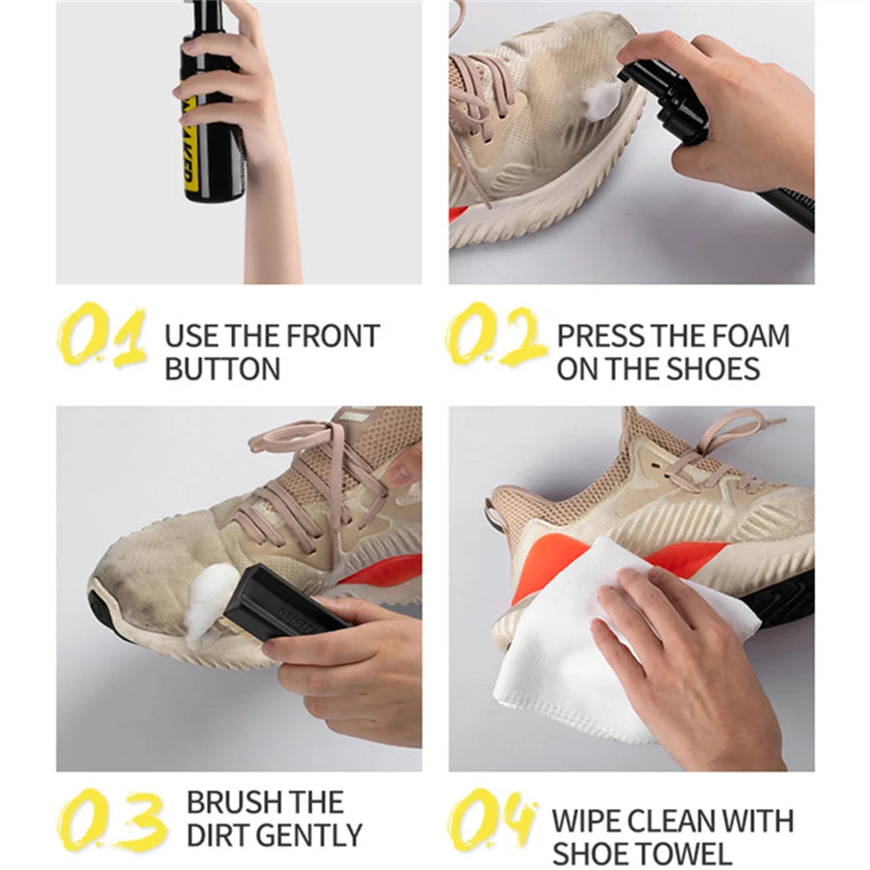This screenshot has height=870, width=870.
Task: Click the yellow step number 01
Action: click(101, 336)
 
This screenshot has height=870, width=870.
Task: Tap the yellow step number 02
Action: click(496, 335)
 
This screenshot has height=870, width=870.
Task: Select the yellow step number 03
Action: click(111, 820)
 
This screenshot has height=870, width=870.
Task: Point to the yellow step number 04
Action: click(492, 820)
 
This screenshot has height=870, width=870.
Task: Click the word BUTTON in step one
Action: click(222, 368)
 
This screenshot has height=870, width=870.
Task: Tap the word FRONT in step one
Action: click(329, 336)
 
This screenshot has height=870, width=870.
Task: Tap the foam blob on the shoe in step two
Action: click(602, 99)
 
